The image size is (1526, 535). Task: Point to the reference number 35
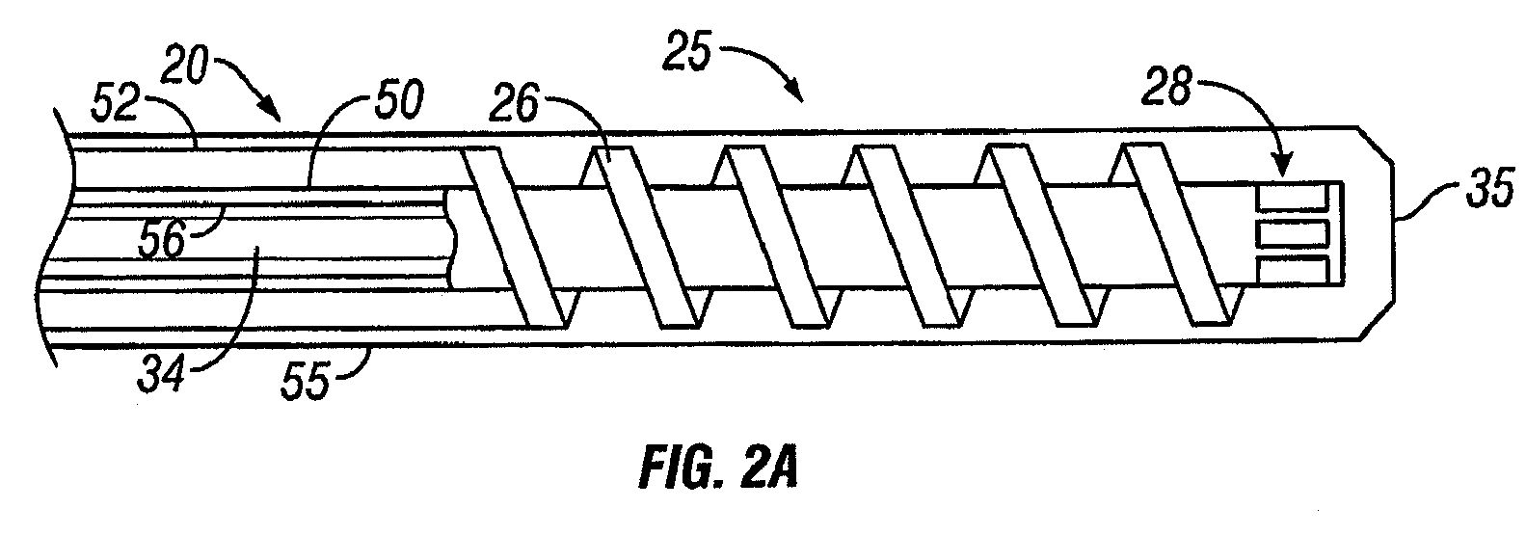1485,183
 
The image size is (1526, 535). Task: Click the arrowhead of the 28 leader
1282,172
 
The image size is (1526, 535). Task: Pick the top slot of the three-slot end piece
1292,199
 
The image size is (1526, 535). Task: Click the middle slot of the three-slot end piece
1292,233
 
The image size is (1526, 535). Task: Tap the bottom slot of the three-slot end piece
1292,269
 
